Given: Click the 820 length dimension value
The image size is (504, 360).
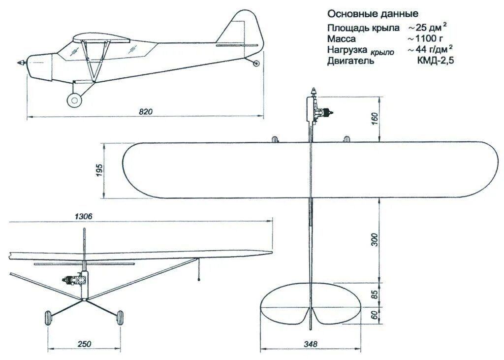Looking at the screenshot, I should click(x=146, y=112).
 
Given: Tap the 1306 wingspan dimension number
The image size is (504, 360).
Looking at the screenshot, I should click(x=84, y=216).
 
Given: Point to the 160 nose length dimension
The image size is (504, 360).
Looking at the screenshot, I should click(x=374, y=119).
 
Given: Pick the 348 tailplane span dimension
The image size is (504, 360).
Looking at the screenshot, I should click(x=311, y=344).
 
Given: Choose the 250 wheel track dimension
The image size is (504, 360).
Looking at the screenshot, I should click(x=84, y=344).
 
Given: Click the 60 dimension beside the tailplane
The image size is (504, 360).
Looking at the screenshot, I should click(x=374, y=315).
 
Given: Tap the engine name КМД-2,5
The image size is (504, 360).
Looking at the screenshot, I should click(x=436, y=61).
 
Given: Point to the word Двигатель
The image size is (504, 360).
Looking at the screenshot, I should click(x=350, y=61).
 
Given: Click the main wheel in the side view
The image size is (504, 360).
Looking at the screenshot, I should click(x=74, y=100).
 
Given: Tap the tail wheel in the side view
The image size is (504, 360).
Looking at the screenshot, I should click(x=256, y=63).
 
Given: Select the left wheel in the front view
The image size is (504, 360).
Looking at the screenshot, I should click(x=49, y=318).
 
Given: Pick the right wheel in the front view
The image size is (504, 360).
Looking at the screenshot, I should click(x=119, y=318).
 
